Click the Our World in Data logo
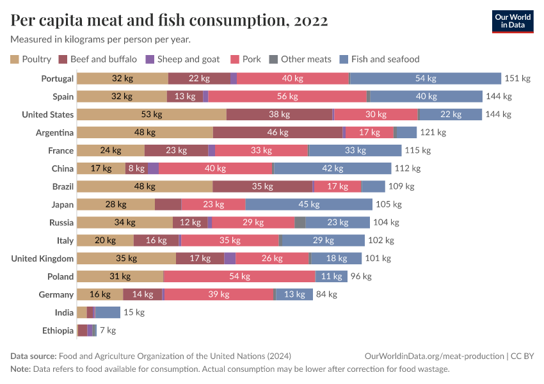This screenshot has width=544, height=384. (512, 21)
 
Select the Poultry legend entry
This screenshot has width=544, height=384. (31, 60)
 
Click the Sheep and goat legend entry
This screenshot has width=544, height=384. (183, 60)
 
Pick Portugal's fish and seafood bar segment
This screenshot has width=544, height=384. (426, 79)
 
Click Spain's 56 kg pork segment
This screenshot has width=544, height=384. (287, 97)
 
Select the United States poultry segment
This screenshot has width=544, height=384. (152, 115)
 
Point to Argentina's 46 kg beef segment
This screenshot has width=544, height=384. (278, 132)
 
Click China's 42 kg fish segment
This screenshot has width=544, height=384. (332, 168)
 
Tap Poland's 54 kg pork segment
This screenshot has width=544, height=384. (239, 276)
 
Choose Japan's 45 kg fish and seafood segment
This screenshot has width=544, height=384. (308, 205)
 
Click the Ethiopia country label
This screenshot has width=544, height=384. (58, 331)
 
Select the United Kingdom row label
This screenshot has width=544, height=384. (42, 259)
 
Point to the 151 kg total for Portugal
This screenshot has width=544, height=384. (518, 79)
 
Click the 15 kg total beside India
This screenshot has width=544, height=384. (134, 312)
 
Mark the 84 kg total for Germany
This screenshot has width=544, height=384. (326, 294)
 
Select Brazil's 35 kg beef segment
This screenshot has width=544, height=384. (262, 187)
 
